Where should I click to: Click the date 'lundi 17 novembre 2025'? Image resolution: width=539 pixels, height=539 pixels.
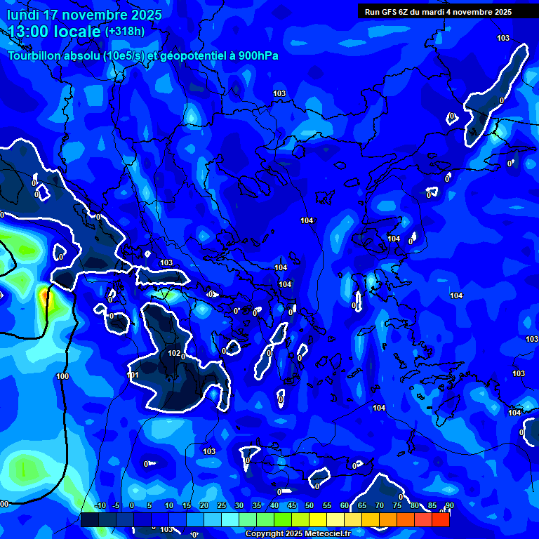[x=84, y=15]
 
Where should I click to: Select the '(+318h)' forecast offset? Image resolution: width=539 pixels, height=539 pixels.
[x=124, y=32]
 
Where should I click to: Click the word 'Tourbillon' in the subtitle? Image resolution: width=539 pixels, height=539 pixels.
[x=36, y=56]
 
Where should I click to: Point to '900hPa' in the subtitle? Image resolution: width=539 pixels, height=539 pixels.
[x=257, y=56]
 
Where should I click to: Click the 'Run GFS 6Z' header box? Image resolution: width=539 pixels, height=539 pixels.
[x=437, y=11]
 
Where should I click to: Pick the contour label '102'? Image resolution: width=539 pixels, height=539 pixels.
[x=173, y=353]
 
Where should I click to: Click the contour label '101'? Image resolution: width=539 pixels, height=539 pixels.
[x=133, y=375]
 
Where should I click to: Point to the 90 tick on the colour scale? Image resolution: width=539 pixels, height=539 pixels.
[x=449, y=505]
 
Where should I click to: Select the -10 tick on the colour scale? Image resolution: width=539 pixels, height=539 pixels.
[x=99, y=505]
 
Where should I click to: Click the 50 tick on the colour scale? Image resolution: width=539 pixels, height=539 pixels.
[x=310, y=505]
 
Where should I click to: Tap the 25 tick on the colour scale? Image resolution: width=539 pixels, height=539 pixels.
[x=222, y=505]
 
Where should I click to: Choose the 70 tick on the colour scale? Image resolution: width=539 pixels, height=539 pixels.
[x=380, y=505]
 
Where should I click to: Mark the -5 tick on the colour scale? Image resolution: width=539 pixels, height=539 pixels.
[x=116, y=505]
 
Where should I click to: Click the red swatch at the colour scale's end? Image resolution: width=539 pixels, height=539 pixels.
[x=441, y=519]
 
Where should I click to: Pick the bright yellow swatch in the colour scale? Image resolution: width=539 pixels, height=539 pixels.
[x=318, y=519]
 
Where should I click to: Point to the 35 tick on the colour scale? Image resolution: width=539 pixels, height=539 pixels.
[x=257, y=505]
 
